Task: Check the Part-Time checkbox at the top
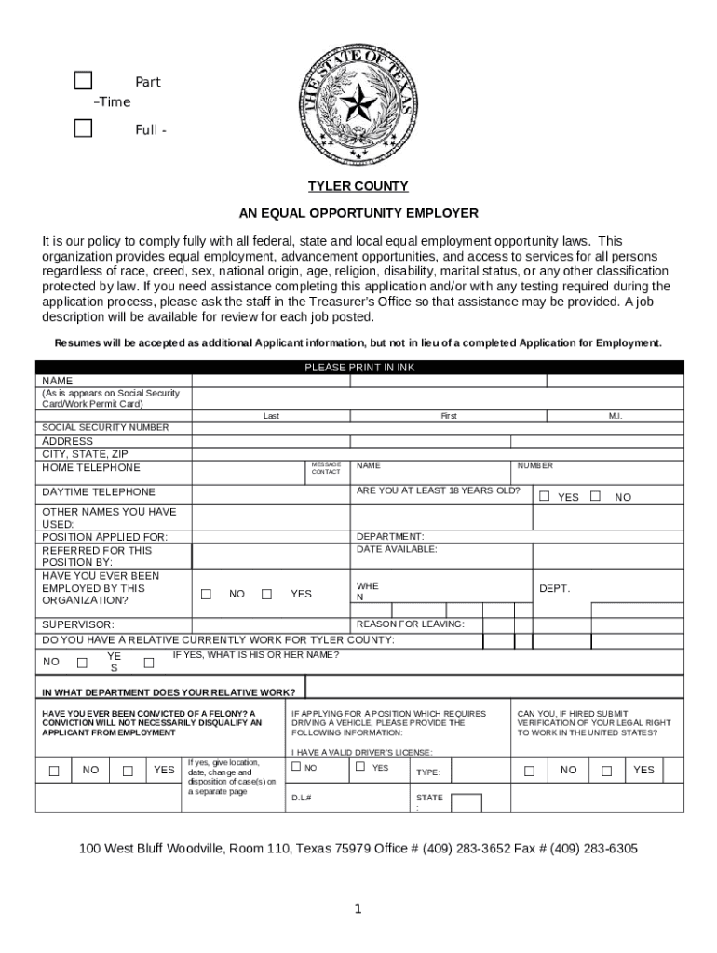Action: [x=84, y=81]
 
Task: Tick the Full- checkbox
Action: [x=84, y=128]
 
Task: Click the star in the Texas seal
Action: [x=357, y=102]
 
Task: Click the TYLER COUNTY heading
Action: [x=358, y=186]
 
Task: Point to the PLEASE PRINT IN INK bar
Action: [x=358, y=368]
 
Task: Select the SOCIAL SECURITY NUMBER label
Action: [x=105, y=427]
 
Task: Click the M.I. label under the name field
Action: [x=615, y=416]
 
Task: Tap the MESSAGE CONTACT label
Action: [x=326, y=468]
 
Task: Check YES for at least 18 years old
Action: [x=545, y=496]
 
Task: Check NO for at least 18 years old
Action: [x=595, y=496]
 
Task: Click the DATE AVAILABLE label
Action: [x=397, y=549]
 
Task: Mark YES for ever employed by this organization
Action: [x=266, y=594]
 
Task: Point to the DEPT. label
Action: [x=554, y=588]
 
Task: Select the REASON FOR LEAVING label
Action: [x=410, y=624]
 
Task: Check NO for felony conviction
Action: [x=54, y=770]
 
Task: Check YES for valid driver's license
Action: [x=359, y=767]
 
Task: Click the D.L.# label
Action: [x=301, y=798]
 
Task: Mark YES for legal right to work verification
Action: [x=606, y=770]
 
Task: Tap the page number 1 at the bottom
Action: [x=358, y=909]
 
